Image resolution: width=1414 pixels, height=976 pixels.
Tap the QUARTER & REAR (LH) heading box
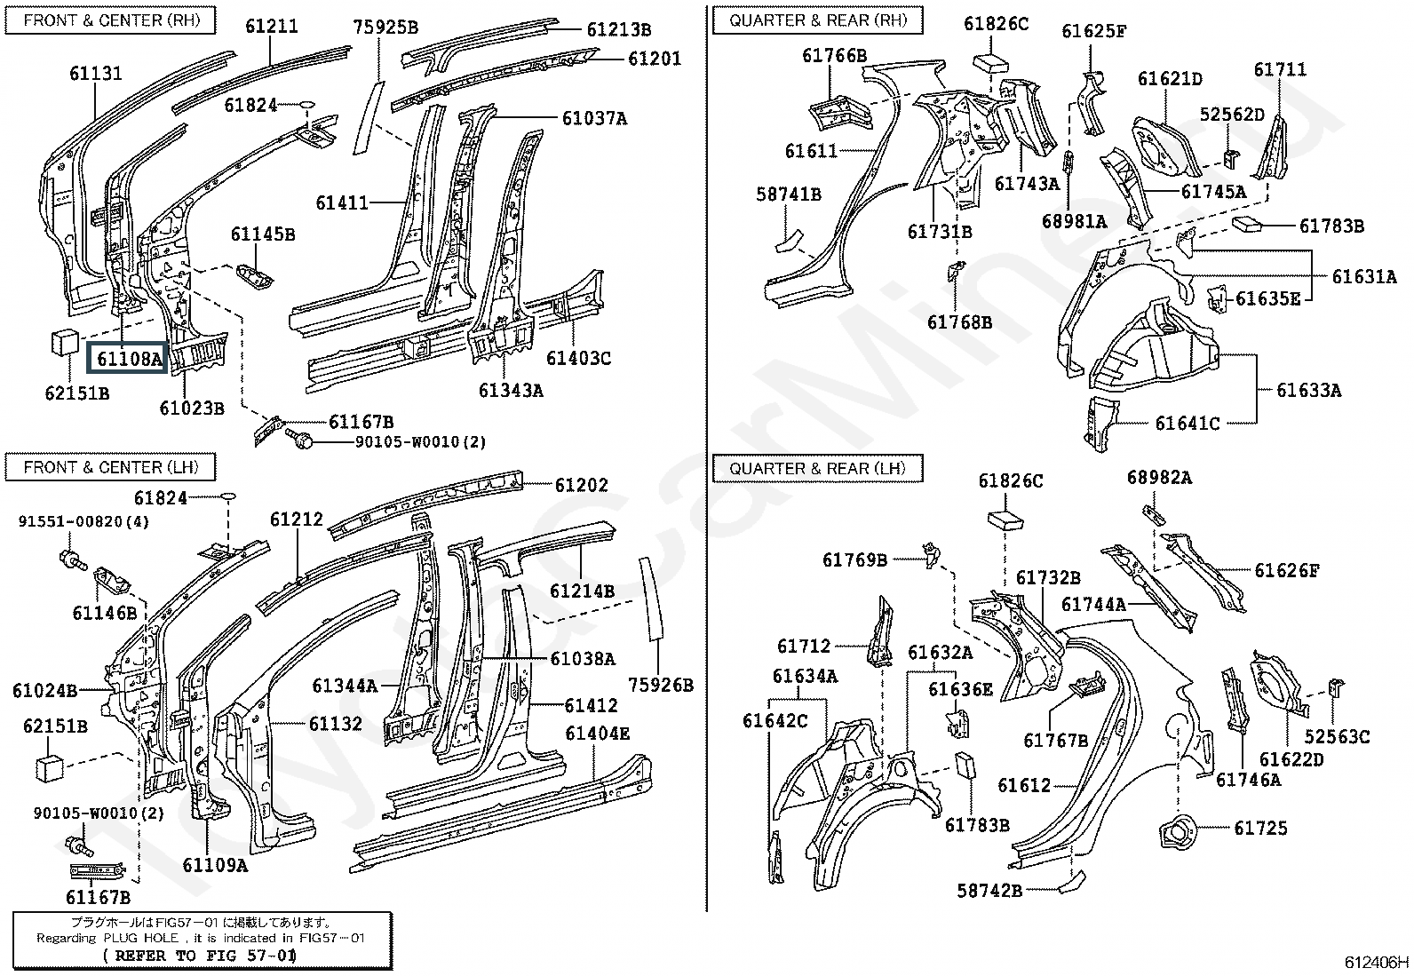817,468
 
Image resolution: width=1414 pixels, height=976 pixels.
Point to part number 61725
1260,828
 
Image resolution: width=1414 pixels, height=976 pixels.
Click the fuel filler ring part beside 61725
1178,832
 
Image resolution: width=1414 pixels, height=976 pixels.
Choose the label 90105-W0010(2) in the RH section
420,442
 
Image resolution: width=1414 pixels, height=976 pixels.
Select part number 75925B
385,28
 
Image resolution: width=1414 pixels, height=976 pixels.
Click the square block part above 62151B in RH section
65,343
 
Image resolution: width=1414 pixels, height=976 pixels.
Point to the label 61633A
1308,390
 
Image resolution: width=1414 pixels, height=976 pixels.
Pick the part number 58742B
989,890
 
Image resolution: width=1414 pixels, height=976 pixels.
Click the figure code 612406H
1376,962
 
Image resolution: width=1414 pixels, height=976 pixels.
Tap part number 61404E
597,734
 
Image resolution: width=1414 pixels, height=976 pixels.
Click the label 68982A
1160,478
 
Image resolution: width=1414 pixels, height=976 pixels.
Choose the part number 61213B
618,29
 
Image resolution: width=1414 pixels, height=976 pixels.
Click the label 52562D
1232,115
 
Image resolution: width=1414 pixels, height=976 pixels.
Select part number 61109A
215,865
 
